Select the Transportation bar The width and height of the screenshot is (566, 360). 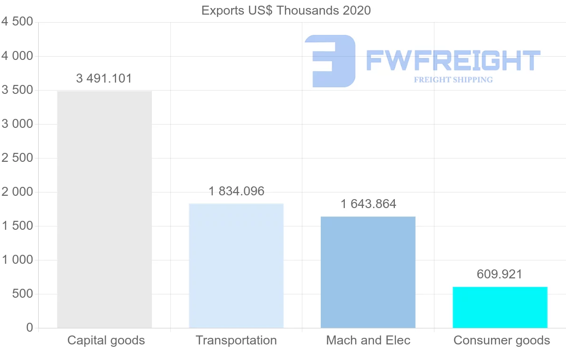pos(236,266)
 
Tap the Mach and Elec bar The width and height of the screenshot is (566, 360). pos(368,272)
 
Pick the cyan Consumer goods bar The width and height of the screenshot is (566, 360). pos(500,307)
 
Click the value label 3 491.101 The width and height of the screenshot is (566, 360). pos(104,79)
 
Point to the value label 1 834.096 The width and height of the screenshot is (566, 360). pos(236,191)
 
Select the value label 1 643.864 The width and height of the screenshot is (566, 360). pos(368,204)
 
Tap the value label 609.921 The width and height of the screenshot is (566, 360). pos(499,274)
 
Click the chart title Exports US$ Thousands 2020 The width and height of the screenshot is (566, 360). pos(286,10)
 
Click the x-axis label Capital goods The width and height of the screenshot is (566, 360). pos(106,340)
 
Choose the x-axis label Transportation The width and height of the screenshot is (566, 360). pos(236,340)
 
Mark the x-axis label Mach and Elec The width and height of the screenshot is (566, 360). pos(368,340)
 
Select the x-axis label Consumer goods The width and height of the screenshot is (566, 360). pos(501,340)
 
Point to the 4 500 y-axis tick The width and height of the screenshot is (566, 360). pos(17,22)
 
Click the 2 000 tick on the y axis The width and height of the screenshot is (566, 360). pos(17,192)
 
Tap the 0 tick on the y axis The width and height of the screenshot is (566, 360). pos(30,328)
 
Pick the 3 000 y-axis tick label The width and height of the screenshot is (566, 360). pos(17,124)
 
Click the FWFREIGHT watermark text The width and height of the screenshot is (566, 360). pos(453,61)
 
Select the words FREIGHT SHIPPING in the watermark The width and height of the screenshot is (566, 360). pos(453,80)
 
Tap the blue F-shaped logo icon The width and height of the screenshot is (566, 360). pos(330,61)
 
